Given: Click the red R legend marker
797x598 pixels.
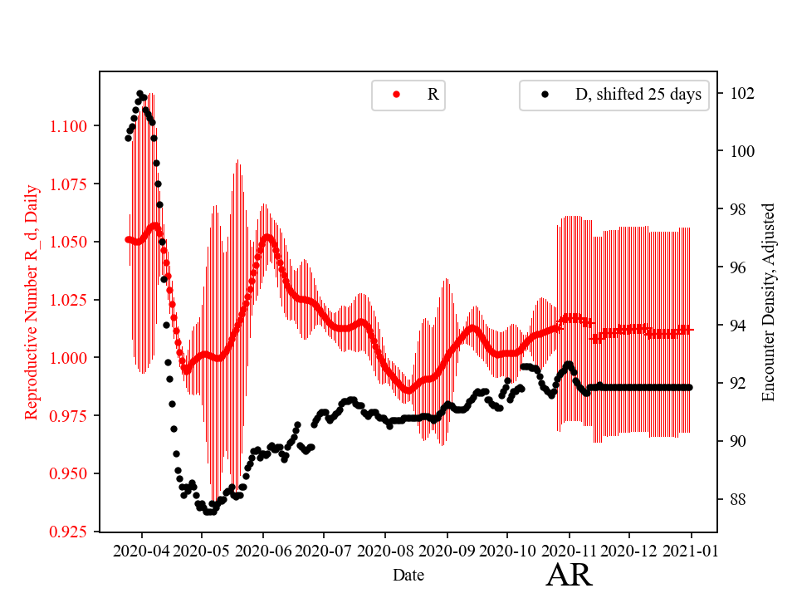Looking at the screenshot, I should click(396, 95).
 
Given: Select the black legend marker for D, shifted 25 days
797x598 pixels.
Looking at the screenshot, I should click(545, 95).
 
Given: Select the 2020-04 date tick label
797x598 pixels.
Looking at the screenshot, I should click(141, 551).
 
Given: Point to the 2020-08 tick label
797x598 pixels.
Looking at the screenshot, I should click(385, 551).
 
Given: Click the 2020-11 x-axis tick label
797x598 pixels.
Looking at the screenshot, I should click(570, 551).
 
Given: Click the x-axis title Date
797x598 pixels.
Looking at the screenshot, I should click(408, 574).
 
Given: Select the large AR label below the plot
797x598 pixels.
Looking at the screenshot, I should click(570, 575).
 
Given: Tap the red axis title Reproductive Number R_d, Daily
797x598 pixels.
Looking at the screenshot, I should click(32, 312).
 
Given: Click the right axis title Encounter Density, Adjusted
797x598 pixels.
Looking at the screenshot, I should click(768, 302).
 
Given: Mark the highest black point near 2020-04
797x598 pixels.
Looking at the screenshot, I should click(139, 93).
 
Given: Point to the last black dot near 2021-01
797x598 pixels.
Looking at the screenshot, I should click(689, 387).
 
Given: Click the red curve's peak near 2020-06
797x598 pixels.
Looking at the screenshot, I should click(267, 237).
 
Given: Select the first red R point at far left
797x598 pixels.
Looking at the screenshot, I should click(128, 239).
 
